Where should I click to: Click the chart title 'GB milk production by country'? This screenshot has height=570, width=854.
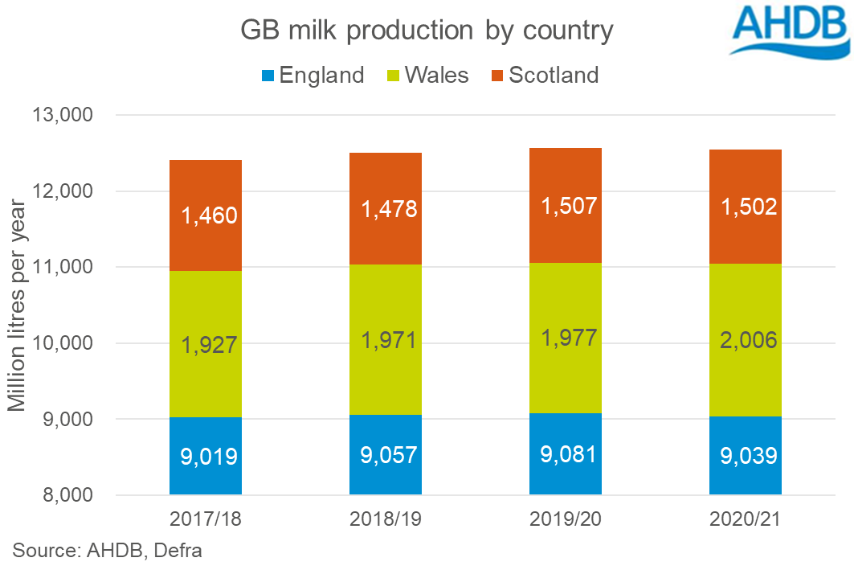(427, 31)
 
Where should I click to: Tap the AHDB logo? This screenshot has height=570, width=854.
(789, 30)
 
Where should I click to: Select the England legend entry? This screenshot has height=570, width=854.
(313, 76)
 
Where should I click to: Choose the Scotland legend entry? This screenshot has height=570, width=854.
(545, 76)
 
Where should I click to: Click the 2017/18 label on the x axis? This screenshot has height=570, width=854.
(206, 519)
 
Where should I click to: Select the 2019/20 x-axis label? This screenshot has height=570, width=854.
(566, 519)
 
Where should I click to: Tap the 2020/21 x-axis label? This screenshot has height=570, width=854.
(746, 519)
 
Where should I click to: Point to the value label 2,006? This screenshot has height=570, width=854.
(746, 341)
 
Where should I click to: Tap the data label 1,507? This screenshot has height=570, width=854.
(566, 206)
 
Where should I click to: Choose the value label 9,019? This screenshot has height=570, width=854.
(206, 457)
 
